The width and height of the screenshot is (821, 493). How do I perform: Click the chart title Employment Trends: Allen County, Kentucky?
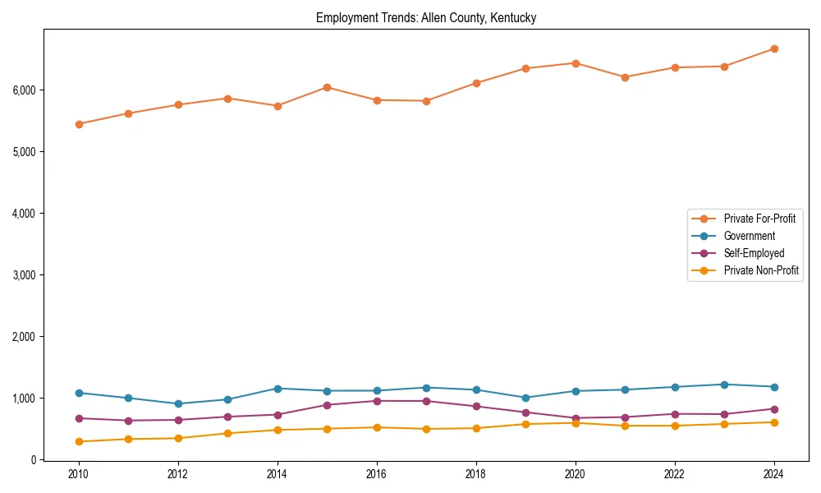pyautogui.click(x=426, y=18)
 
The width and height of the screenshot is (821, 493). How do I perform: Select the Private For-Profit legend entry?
pyautogui.click(x=759, y=219)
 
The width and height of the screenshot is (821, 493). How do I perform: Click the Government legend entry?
pyautogui.click(x=749, y=236)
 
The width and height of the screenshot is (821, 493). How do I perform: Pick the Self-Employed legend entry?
pyautogui.click(x=754, y=253)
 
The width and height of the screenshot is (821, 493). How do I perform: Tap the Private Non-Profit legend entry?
pyautogui.click(x=761, y=270)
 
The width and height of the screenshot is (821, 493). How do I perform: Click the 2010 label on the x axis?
pyautogui.click(x=79, y=475)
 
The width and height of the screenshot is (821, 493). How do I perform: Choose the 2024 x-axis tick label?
pyautogui.click(x=773, y=475)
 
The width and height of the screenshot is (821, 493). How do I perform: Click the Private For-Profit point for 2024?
pyautogui.click(x=773, y=48)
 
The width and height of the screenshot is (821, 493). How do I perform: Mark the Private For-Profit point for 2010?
pyautogui.click(x=79, y=124)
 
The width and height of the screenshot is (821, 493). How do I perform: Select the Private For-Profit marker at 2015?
pyautogui.click(x=327, y=87)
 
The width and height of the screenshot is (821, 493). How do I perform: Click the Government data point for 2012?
pyautogui.click(x=178, y=403)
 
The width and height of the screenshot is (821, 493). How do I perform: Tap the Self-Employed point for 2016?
pyautogui.click(x=377, y=401)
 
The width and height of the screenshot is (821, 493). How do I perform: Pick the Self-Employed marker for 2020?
pyautogui.click(x=576, y=418)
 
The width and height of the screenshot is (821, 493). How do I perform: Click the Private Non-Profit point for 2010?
pyautogui.click(x=79, y=441)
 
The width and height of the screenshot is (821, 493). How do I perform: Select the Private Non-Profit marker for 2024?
pyautogui.click(x=773, y=422)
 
